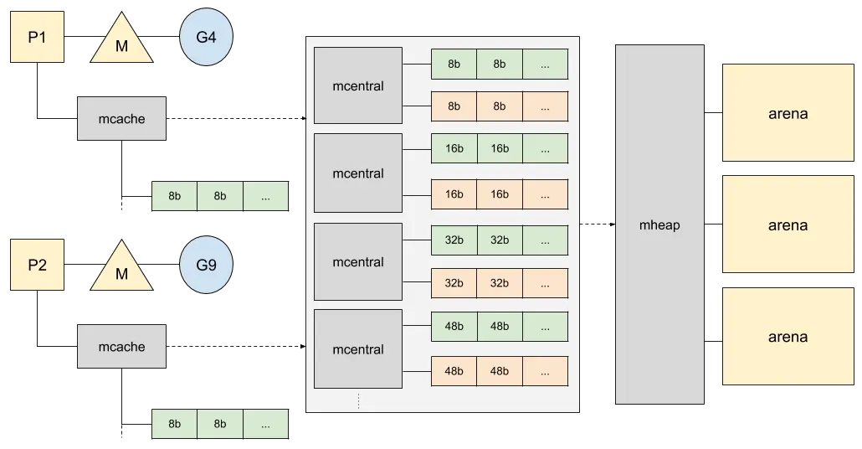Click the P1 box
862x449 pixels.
point(38,37)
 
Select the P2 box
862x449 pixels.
point(38,265)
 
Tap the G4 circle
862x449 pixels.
point(206,37)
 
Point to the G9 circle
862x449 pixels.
point(206,265)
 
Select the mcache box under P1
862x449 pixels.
point(121,119)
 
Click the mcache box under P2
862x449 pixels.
point(121,347)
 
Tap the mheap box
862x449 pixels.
point(659,224)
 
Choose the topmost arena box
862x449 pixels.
point(788,113)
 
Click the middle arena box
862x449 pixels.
point(788,224)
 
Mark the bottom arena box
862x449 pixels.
point(788,336)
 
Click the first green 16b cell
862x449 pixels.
point(454,148)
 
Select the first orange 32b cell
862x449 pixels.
point(454,283)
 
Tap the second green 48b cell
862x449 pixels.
point(500,327)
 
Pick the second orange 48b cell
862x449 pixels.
point(500,371)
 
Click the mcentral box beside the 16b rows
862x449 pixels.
point(358,173)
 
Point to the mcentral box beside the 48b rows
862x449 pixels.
point(358,349)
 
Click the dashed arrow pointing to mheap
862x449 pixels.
point(598,224)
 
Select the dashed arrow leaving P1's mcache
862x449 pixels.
point(236,118)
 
